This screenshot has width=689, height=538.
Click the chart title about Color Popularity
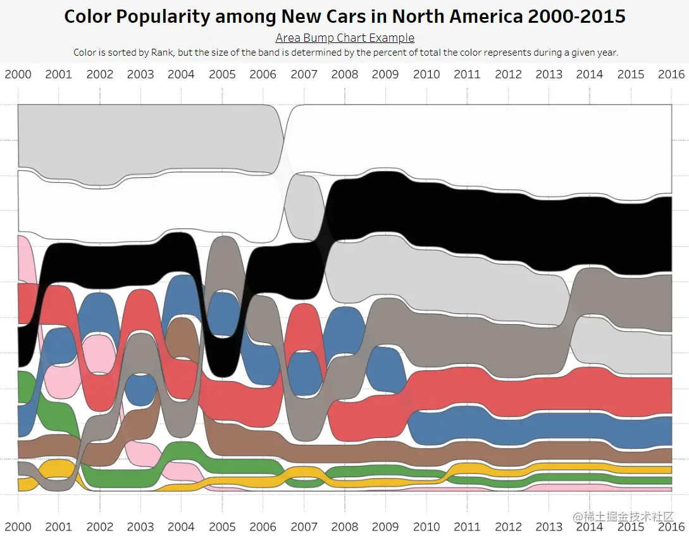345,16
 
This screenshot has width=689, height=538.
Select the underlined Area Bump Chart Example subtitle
345,38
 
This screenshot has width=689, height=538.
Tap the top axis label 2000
18,74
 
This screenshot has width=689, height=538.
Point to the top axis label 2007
304,74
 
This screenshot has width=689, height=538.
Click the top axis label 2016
671,74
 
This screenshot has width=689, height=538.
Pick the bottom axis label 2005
222,526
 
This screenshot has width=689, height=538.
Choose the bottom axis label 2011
467,526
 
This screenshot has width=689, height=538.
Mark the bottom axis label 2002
99,526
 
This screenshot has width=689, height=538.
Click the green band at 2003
140,479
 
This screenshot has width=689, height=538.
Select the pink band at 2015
631,489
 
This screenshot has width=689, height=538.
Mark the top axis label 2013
549,74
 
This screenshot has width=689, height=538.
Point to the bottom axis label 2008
344,526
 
